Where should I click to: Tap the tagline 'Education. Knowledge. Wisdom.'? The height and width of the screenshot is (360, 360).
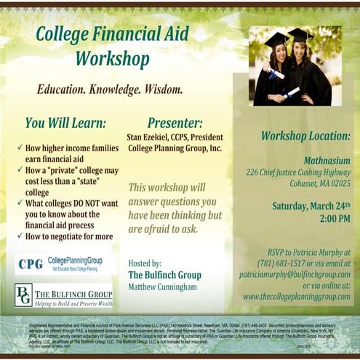coord(109,90)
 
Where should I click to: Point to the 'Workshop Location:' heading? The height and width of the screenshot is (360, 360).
coord(305,136)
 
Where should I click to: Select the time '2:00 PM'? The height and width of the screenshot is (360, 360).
coord(334,218)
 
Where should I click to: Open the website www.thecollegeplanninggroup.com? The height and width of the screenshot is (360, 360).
coord(296,297)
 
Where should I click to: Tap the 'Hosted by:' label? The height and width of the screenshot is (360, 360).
coord(145,263)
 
